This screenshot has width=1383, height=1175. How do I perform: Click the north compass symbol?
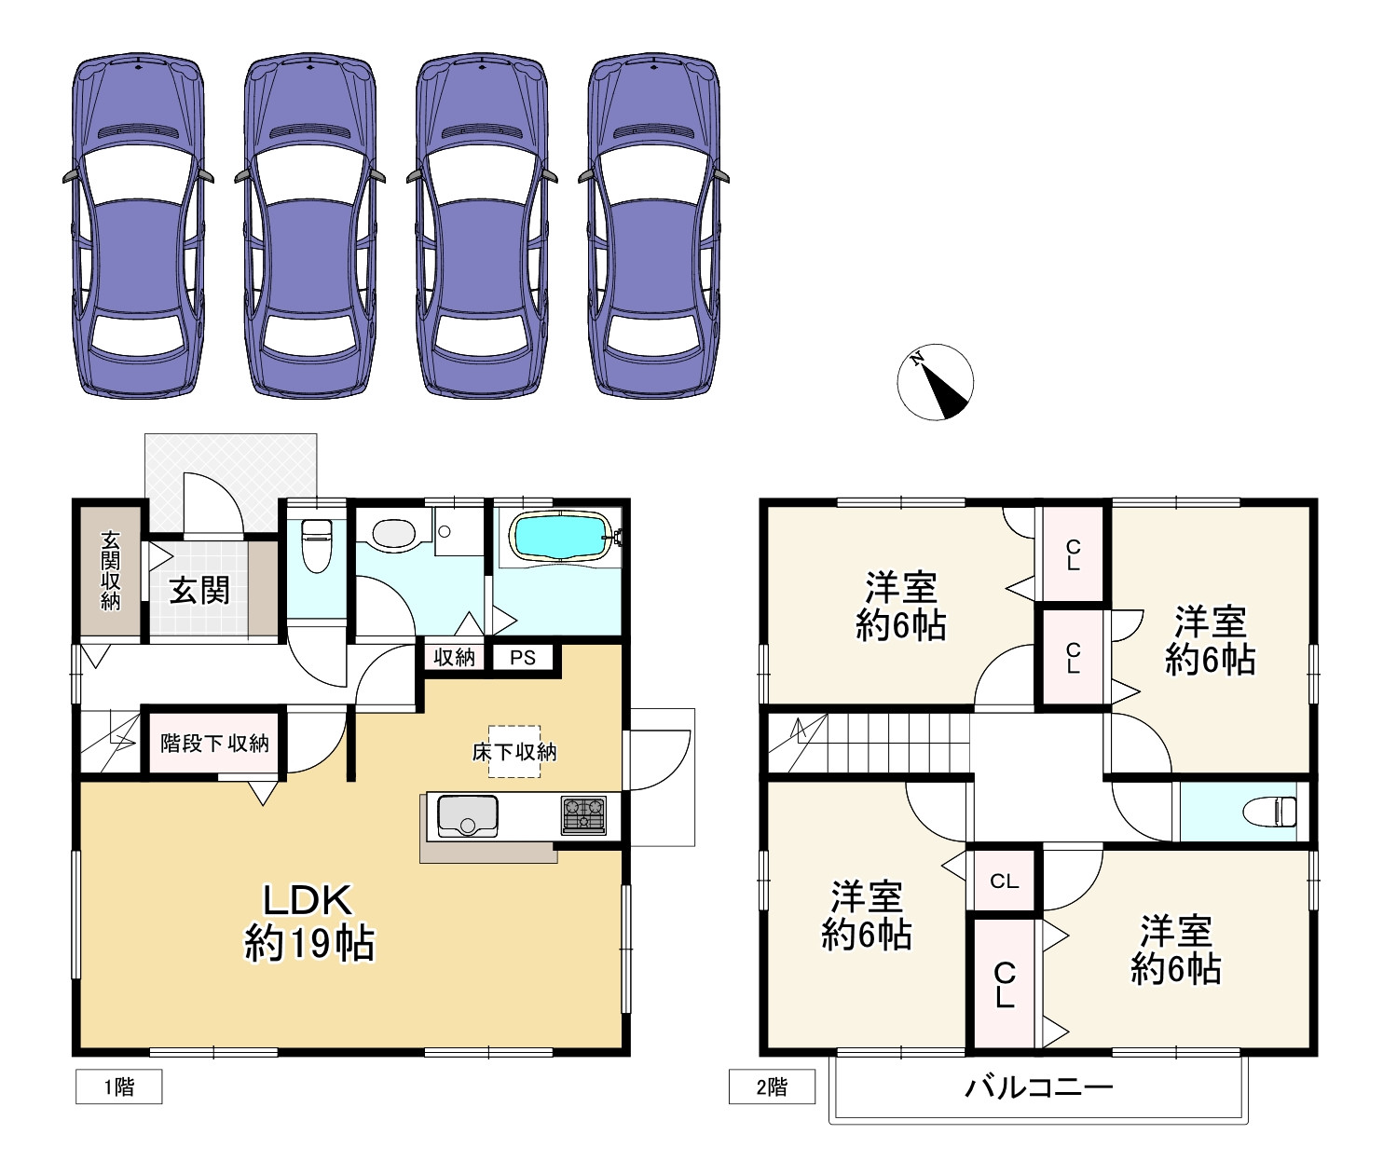[935, 382]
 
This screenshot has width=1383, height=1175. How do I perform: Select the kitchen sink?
[468, 815]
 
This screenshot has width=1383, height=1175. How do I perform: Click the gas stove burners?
[583, 814]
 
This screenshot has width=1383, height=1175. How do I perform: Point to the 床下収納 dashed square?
[513, 751]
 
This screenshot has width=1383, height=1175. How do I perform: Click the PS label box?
[523, 657]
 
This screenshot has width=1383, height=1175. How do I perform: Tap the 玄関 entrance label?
[199, 590]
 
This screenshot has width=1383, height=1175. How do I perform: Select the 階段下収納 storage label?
[214, 743]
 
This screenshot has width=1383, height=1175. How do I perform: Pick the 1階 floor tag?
[118, 1086]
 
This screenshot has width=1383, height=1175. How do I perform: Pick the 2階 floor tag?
[772, 1086]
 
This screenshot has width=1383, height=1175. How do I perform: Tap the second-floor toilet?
[1269, 813]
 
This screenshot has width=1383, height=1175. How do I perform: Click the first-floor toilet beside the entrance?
[317, 546]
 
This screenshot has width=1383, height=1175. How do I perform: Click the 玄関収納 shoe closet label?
[110, 570]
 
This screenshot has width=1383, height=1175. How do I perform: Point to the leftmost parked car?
[139, 225]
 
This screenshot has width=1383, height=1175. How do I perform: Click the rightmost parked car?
[653, 225]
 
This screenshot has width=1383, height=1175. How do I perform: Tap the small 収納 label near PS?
[454, 657]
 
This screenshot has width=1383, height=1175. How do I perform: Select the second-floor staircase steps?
[897, 743]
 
